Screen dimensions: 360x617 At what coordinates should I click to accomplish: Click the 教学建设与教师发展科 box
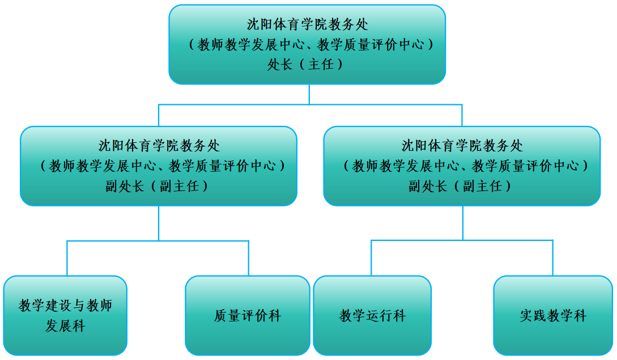[65, 315]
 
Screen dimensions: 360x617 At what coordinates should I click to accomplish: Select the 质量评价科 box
[248, 315]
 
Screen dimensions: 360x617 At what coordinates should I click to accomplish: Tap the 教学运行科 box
[372, 315]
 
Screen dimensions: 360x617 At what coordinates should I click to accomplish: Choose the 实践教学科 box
[553, 315]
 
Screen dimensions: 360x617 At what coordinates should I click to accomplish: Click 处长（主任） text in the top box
[307, 65]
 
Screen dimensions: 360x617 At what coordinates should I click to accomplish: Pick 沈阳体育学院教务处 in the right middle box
[462, 146]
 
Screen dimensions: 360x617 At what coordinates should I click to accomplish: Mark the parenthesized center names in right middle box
[462, 166]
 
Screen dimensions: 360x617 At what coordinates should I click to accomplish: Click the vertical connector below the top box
[309, 94]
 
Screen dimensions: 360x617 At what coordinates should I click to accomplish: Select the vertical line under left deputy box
[159, 223]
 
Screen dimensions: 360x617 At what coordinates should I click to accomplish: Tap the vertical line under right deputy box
[462, 222]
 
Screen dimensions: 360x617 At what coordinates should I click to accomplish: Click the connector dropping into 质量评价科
[248, 259]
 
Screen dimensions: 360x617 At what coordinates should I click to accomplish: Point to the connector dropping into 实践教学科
[552, 258]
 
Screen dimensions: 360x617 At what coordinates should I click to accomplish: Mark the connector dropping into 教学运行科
[372, 258]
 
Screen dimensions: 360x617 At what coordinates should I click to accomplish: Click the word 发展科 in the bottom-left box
[65, 327]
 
